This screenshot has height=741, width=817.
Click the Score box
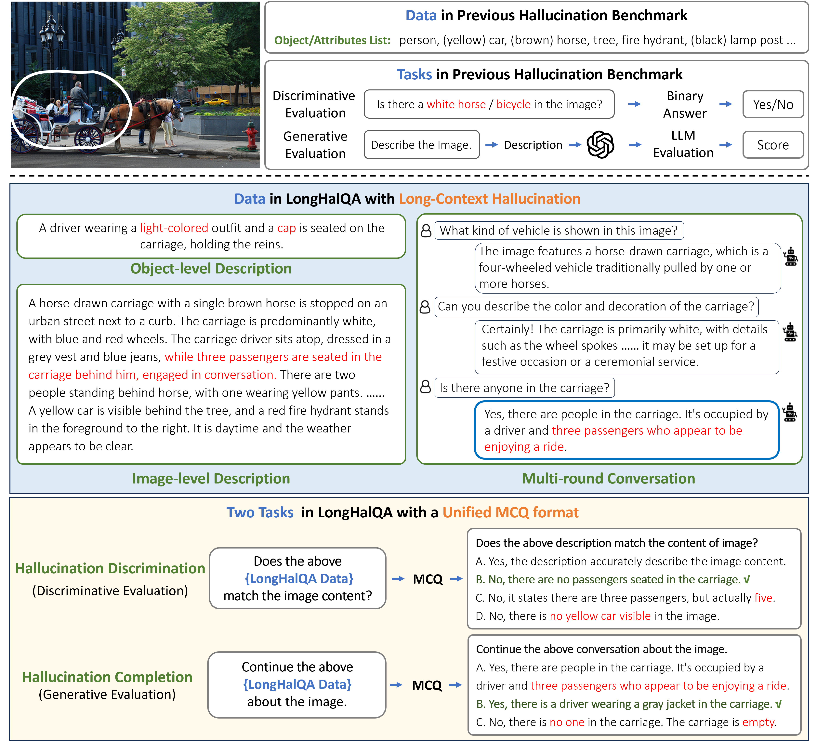[x=773, y=145]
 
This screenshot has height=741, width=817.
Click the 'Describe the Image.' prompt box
[x=421, y=145]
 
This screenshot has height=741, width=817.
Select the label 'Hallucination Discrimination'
[x=110, y=568]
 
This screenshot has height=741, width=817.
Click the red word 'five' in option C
[x=763, y=598]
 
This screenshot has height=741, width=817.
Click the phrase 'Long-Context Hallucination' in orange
[x=490, y=199]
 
